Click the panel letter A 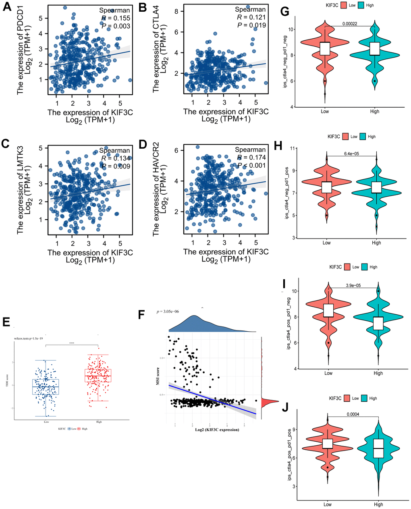(x=7, y=8)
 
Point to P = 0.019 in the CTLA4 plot (x=251, y=25)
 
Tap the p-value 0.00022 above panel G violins (x=350, y=23)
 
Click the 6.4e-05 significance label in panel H (x=351, y=153)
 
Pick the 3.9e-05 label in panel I (x=353, y=286)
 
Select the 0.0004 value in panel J (x=353, y=413)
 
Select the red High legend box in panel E (x=79, y=429)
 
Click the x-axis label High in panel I (x=378, y=373)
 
